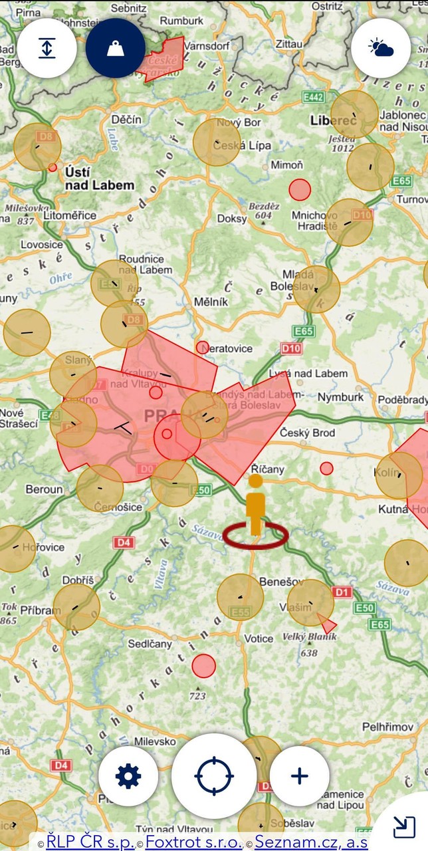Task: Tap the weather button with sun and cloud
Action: [x=381, y=48]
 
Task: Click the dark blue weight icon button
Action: [x=116, y=48]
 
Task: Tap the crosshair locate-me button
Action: [x=214, y=776]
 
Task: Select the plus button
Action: [x=300, y=776]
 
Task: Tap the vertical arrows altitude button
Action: [x=47, y=48]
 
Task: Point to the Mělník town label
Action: [x=211, y=301]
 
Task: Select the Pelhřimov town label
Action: [x=387, y=727]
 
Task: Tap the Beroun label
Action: [x=44, y=489]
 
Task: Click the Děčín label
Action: [x=126, y=120]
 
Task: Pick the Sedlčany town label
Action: [x=150, y=644]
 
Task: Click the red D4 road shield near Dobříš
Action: [x=124, y=543]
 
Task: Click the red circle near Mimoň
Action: [x=300, y=189]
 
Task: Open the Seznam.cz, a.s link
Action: [x=311, y=842]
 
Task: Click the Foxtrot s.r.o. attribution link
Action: [x=193, y=842]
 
